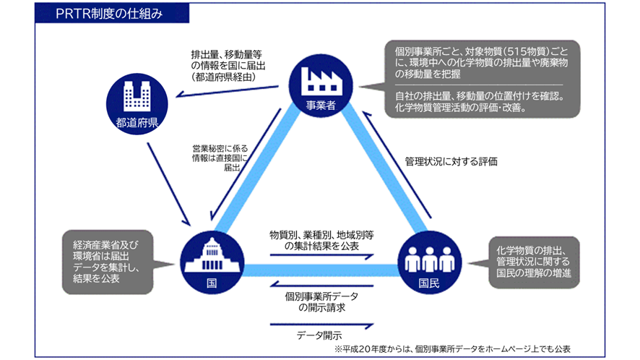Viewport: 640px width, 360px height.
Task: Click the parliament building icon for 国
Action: (210, 254)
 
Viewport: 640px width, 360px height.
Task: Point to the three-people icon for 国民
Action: (429, 257)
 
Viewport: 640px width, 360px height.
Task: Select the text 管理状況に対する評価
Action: (451, 161)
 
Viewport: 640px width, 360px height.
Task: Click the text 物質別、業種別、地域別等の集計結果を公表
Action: (321, 240)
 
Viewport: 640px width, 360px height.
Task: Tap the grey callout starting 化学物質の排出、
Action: (533, 261)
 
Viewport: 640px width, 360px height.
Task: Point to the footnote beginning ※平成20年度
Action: (451, 348)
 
